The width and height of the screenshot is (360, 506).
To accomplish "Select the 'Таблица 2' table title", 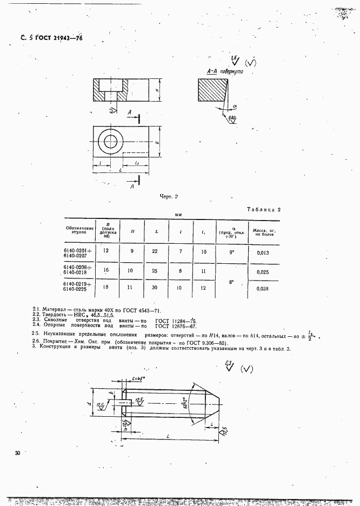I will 265,209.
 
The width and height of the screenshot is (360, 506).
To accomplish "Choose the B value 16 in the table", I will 106,269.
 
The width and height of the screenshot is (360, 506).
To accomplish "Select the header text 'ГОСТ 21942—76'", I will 61,38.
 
